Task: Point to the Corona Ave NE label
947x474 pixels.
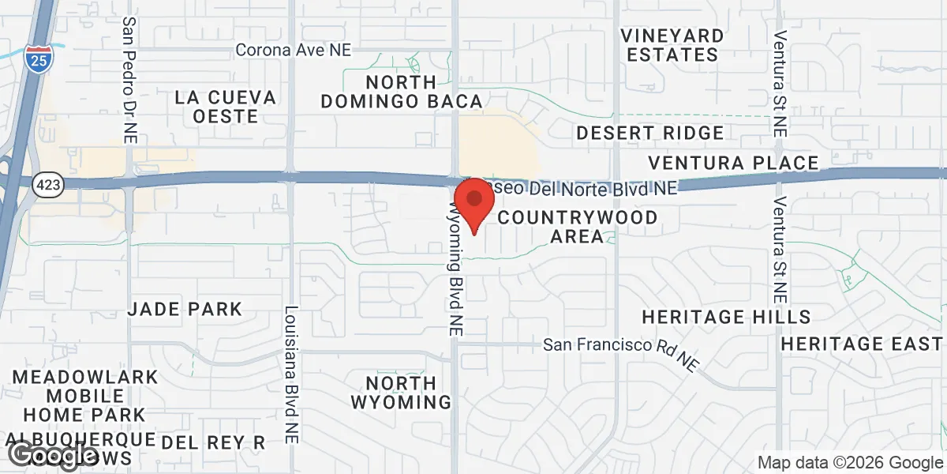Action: (293, 51)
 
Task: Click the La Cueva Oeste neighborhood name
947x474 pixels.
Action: (226, 107)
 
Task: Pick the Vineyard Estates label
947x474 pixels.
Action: (672, 45)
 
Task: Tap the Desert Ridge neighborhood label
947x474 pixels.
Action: (649, 133)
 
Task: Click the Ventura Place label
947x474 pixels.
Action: (733, 163)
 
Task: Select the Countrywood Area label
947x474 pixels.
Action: (577, 226)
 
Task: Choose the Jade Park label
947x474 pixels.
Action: (185, 308)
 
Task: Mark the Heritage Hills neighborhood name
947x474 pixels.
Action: (726, 317)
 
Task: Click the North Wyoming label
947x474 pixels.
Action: (401, 392)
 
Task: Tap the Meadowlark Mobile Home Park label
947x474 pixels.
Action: (84, 395)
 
